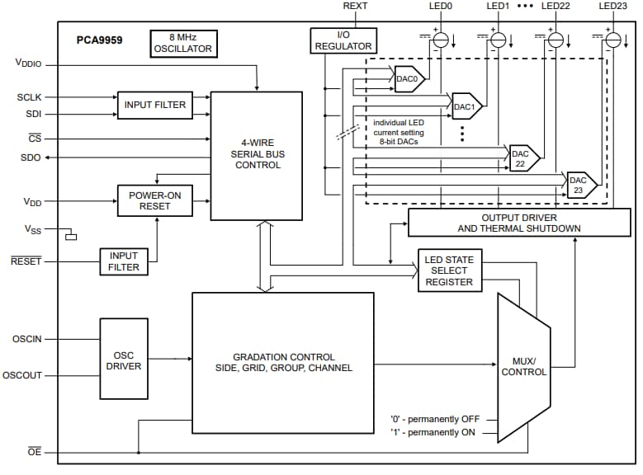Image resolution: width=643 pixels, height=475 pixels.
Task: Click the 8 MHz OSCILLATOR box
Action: [182, 43]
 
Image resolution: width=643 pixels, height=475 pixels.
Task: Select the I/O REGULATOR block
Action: [343, 40]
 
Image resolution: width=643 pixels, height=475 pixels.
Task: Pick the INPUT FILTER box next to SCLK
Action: [155, 105]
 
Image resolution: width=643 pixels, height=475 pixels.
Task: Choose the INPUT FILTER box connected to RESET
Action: [123, 261]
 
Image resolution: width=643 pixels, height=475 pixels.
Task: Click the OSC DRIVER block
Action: [124, 359]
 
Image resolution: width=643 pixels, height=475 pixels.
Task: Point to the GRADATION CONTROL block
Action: [282, 362]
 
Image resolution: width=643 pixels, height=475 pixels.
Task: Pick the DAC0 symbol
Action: [408, 79]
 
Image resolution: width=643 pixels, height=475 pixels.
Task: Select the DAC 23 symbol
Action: [579, 186]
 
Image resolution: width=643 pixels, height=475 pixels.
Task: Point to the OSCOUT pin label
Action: [27, 375]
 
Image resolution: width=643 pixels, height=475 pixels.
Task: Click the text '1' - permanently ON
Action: [434, 432]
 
